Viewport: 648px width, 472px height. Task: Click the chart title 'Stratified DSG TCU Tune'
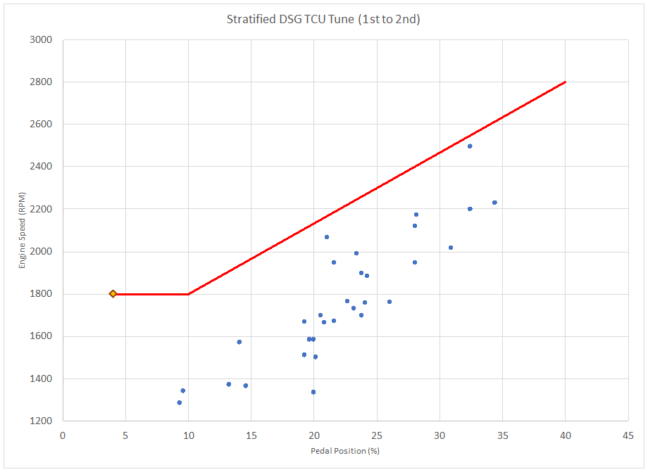[x=323, y=19]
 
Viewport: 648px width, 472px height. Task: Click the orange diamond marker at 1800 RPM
[x=113, y=293]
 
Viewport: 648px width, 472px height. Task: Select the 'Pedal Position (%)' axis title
[x=344, y=450]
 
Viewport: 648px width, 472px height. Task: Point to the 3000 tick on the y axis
[x=43, y=39]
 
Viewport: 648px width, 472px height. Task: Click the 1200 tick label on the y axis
[x=43, y=421]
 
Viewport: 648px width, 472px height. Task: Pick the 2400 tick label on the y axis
[x=43, y=167]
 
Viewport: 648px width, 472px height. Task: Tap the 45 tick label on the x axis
[x=628, y=435]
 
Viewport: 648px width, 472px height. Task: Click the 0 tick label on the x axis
[x=63, y=435]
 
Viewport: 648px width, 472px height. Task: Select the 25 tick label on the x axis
[x=377, y=435]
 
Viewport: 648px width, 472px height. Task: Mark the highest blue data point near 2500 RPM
[x=470, y=146]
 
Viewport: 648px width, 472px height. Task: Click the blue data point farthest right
[x=494, y=203]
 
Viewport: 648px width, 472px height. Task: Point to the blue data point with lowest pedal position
[x=180, y=402]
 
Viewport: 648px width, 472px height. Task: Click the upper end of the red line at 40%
[x=565, y=82]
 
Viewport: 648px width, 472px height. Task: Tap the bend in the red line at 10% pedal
[x=188, y=293]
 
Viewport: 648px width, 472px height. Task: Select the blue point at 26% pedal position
[x=390, y=302]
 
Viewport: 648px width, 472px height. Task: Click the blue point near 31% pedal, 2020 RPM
[x=451, y=248]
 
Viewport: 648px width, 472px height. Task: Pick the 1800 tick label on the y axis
[x=43, y=293]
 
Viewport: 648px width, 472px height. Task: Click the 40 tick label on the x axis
[x=565, y=435]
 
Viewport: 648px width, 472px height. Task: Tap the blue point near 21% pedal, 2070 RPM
[x=327, y=237]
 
